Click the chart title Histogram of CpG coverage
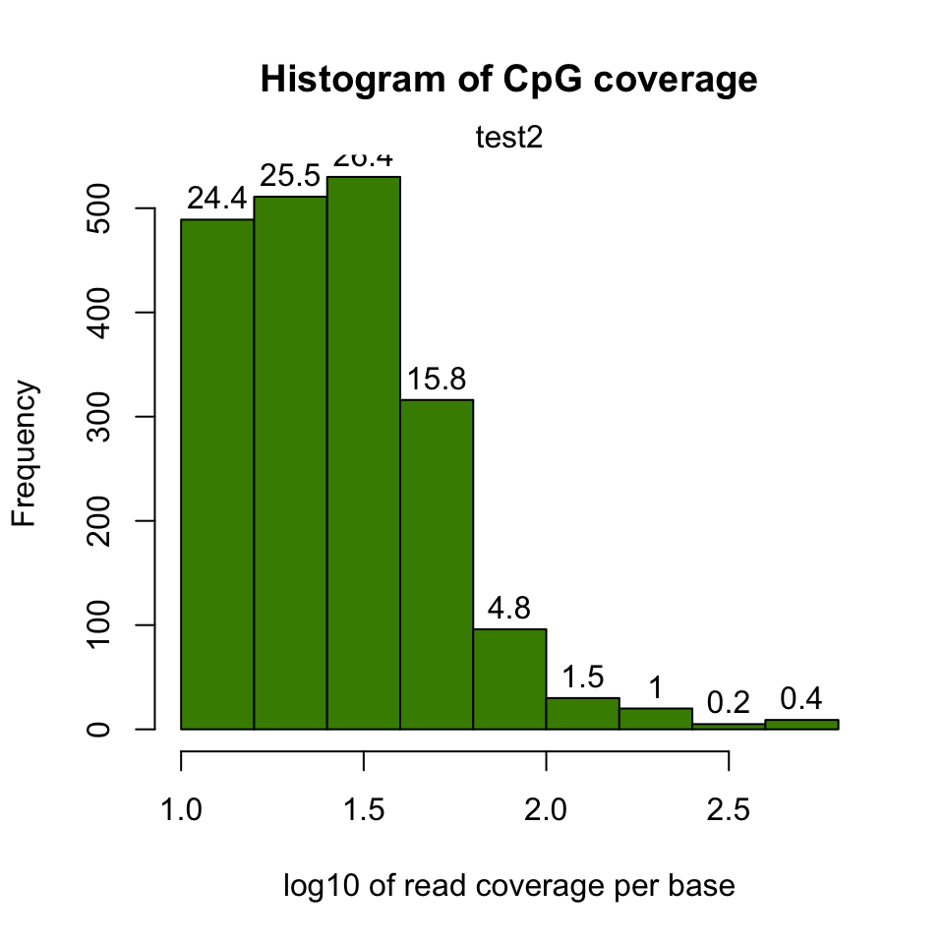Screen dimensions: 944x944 (508, 82)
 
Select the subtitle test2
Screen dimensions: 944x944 (508, 138)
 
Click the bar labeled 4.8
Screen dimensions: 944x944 (509, 678)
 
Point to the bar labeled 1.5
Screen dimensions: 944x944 (582, 713)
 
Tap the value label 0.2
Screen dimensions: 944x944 (729, 702)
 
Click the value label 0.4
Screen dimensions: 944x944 (801, 698)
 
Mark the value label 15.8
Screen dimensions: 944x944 (436, 379)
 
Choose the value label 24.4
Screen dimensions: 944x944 (217, 199)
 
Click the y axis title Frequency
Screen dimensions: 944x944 (25, 453)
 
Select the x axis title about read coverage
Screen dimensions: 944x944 (508, 887)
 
